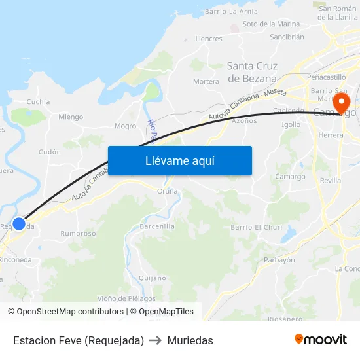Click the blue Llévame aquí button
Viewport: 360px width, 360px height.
179,160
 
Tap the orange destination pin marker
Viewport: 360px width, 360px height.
342,102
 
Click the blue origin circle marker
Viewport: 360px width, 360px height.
19,224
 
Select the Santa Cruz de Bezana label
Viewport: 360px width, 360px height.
252,72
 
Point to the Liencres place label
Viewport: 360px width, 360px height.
209,39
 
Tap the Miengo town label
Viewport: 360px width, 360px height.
71,117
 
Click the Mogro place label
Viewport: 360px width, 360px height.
125,126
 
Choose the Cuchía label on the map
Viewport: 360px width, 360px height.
38,102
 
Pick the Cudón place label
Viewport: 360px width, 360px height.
50,152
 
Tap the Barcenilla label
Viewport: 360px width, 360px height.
157,226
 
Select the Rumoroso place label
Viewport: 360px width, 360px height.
78,233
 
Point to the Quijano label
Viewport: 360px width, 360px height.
153,278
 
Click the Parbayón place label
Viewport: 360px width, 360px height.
279,260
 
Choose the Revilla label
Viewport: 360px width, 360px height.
331,180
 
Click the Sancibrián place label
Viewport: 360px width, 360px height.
287,37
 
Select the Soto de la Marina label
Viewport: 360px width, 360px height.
271,24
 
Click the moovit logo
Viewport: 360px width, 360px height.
320,339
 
